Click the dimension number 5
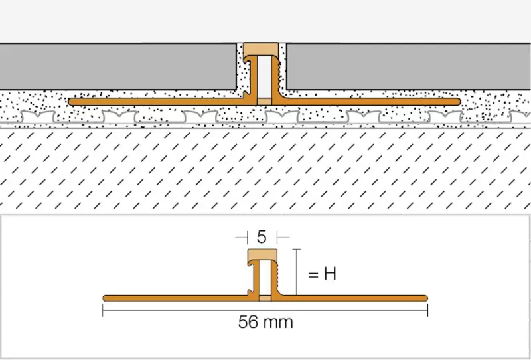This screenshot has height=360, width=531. click(x=262, y=237)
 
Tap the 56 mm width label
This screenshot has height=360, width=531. click(x=265, y=322)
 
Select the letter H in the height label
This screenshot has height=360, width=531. click(x=330, y=274)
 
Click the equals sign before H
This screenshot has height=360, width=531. click(x=313, y=274)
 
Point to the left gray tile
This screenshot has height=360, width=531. click(x=118, y=66)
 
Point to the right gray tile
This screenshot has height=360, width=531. click(x=408, y=66)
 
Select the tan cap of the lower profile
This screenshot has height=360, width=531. click(x=262, y=255)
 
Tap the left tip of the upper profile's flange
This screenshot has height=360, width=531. click(x=70, y=102)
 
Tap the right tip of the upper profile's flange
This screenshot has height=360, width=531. click(x=459, y=102)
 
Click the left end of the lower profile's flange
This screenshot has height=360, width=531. click(x=104, y=298)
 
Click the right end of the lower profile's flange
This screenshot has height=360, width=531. click(x=427, y=298)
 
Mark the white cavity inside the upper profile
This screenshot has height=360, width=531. click(x=264, y=77)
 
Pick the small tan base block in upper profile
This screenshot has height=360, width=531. click(x=264, y=102)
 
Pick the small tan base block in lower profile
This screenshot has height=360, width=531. click(x=265, y=298)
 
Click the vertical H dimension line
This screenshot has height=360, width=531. click(x=296, y=272)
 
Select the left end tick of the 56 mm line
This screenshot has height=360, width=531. click(x=103, y=310)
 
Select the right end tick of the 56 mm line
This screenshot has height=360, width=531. click(x=428, y=310)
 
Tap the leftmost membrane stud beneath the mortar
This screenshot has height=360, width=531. click(x=38, y=117)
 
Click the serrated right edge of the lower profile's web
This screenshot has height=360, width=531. click(x=277, y=276)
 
